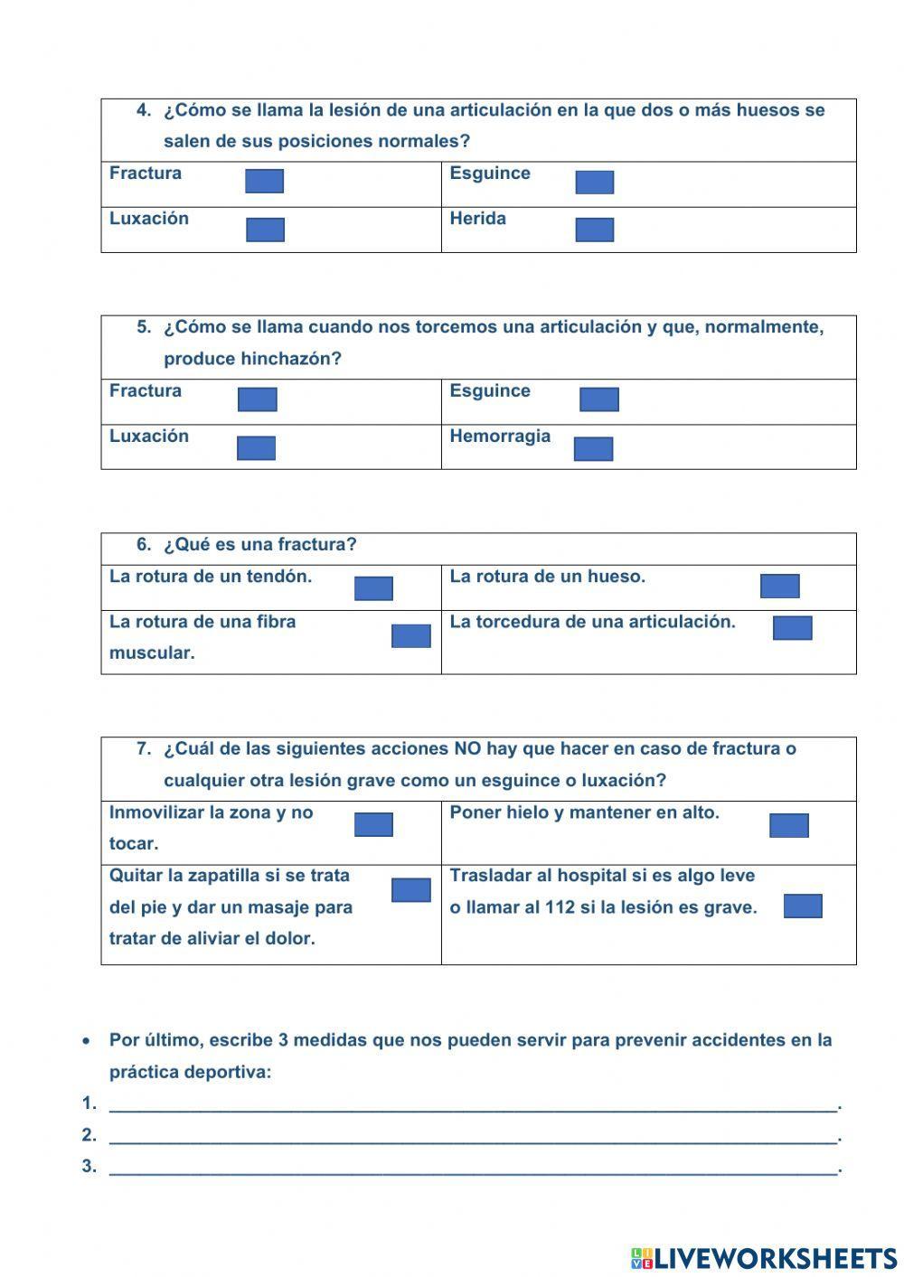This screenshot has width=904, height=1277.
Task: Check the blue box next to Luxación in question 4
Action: tap(265, 230)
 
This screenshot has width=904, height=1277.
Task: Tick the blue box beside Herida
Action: tap(594, 230)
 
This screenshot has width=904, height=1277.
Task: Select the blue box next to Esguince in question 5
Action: tap(598, 399)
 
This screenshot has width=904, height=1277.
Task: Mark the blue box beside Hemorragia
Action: tap(593, 449)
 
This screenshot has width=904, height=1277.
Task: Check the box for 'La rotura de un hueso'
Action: tap(779, 587)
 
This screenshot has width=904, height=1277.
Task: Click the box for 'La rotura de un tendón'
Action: tap(373, 588)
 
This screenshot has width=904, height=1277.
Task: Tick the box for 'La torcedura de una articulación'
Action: tap(792, 628)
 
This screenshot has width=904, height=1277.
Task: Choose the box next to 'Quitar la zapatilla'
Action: tap(410, 890)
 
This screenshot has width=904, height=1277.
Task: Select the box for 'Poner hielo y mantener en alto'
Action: tap(788, 825)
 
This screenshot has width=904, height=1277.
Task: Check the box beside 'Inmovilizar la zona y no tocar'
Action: tap(373, 824)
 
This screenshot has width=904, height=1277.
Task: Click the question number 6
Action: tap(144, 545)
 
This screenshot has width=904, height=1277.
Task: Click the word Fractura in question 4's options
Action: tap(146, 174)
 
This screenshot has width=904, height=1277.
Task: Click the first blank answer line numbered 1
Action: tap(473, 1103)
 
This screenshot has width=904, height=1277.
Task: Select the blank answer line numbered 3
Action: tap(473, 1167)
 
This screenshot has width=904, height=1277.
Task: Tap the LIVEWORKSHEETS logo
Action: tap(764, 1258)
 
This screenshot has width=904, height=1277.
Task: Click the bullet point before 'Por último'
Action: tap(86, 1041)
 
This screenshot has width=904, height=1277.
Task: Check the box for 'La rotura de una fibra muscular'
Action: tap(410, 635)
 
